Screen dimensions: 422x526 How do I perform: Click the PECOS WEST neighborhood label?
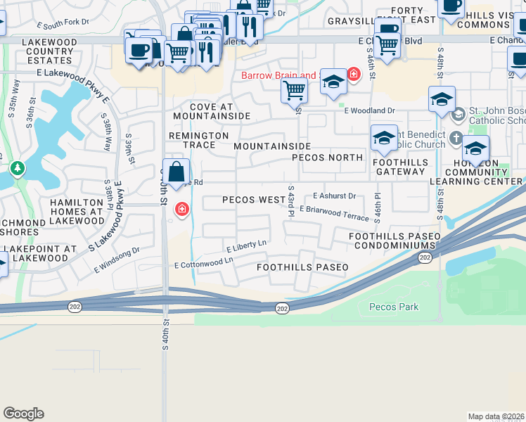point(253,200)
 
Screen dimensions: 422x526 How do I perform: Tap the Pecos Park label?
point(394,307)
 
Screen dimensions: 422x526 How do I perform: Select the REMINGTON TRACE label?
point(199,140)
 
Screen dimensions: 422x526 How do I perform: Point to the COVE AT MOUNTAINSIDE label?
point(211,111)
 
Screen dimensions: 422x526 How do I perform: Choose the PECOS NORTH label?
point(327,158)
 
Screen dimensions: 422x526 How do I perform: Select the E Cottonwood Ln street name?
point(204,262)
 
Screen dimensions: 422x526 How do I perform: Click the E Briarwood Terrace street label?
point(333,213)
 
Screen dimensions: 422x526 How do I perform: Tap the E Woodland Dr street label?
point(370,110)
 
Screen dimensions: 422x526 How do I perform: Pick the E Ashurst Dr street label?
point(335,196)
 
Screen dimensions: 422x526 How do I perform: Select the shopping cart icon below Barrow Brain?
point(294,90)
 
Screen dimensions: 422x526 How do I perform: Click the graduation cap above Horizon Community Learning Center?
point(475,148)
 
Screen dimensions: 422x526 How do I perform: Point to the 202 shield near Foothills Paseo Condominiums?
point(425,258)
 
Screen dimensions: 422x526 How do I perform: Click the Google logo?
point(23,414)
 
